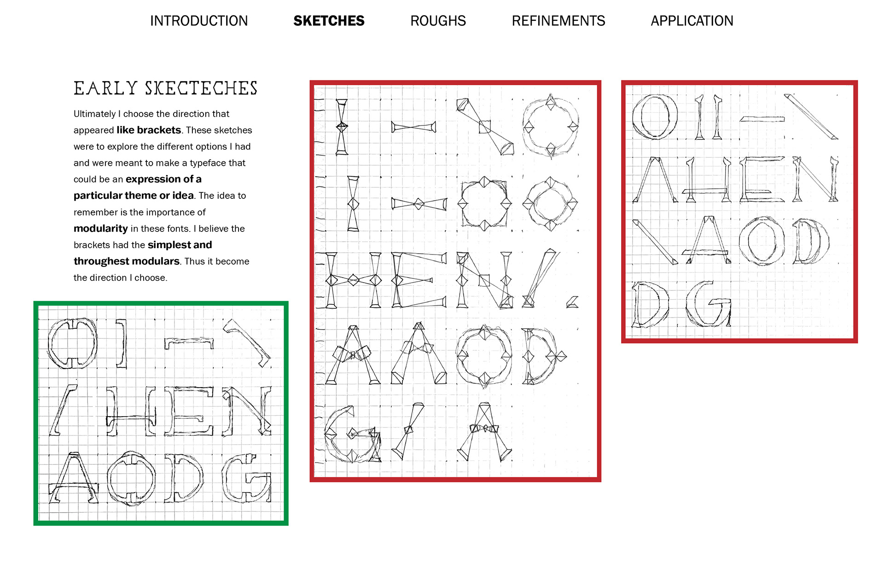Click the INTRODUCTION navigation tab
(x=198, y=21)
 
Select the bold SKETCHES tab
(x=329, y=21)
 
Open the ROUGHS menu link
(x=438, y=21)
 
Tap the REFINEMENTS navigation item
(x=558, y=21)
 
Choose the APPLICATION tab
(x=692, y=21)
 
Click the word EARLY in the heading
(x=105, y=88)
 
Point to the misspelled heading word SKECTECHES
(x=201, y=88)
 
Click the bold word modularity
(x=100, y=228)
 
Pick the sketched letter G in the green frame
(x=246, y=478)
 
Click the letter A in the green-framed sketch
(x=74, y=478)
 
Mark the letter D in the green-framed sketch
(x=183, y=478)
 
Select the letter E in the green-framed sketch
(x=189, y=411)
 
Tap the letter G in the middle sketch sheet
(x=352, y=435)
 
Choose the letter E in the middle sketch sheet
(x=418, y=279)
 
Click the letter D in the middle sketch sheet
(x=541, y=355)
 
